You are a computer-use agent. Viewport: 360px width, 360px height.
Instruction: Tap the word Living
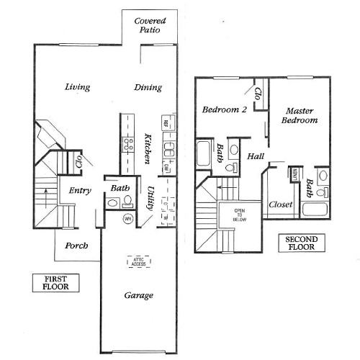point(77,88)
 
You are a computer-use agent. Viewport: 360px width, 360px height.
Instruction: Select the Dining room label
point(148,88)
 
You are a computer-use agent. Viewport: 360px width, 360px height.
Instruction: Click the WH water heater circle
point(130,219)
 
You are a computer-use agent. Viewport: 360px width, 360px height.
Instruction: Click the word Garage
point(138,296)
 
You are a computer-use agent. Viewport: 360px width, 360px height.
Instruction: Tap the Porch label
point(76,246)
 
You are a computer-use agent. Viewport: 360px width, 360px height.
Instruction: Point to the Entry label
point(78,192)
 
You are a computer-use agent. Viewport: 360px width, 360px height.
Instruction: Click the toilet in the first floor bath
point(112,204)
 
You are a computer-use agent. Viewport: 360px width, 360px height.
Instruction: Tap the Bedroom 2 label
point(224,110)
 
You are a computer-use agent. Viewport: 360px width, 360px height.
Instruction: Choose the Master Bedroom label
point(301,116)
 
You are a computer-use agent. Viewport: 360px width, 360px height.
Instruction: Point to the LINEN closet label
point(296,174)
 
